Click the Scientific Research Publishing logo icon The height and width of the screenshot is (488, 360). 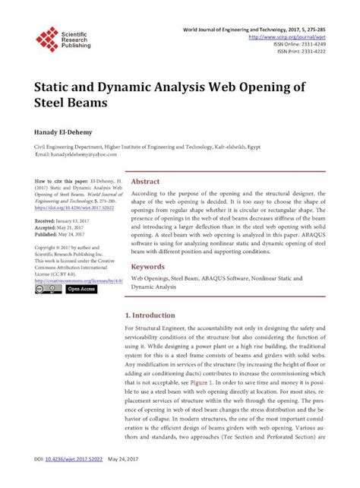47,39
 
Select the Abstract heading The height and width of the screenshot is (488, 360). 146,182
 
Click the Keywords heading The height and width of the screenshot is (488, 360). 148,268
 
